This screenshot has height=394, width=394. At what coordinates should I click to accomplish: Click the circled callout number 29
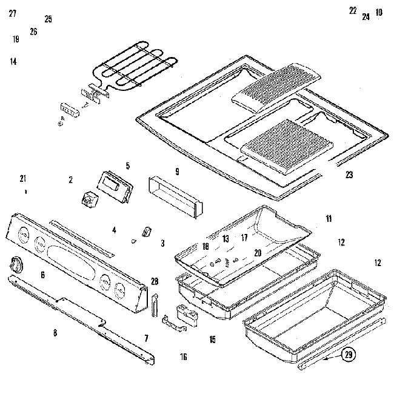(x=347, y=356)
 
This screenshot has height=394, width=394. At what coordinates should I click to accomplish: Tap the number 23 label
(x=349, y=175)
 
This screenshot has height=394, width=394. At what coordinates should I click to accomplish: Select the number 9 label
(x=177, y=171)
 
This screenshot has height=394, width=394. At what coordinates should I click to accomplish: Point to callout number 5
(x=128, y=165)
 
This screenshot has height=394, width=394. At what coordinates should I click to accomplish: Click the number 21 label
(x=23, y=178)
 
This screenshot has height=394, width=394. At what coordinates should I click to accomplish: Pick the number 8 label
(x=55, y=332)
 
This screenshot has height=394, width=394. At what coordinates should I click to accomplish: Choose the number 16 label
(x=184, y=357)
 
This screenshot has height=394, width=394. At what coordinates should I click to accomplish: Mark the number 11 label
(x=329, y=218)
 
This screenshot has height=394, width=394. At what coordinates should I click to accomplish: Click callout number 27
(x=13, y=13)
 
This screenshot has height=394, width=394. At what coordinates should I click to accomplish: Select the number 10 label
(x=379, y=12)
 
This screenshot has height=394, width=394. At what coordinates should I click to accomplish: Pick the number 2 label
(x=70, y=179)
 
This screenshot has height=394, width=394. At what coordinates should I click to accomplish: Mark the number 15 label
(x=212, y=339)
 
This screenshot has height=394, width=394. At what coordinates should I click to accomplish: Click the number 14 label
(x=13, y=61)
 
